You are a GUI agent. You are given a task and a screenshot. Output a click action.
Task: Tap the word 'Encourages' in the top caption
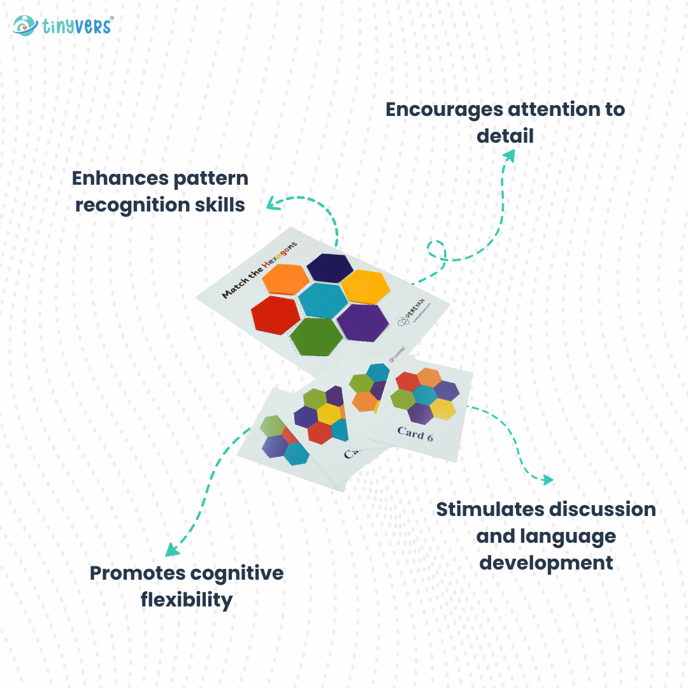point(443,110)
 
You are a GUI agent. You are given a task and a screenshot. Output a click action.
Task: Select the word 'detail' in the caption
point(505,136)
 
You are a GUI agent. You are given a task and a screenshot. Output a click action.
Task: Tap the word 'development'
point(546,563)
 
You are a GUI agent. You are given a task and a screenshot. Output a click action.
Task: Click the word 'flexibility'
point(186,599)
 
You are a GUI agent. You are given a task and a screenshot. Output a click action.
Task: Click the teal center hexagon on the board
point(323,300)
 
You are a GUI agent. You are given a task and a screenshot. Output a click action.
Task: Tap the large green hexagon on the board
point(316,336)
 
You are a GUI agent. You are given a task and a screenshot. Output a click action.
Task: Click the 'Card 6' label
point(415,433)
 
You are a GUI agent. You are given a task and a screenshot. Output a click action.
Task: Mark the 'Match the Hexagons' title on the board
point(259,269)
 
